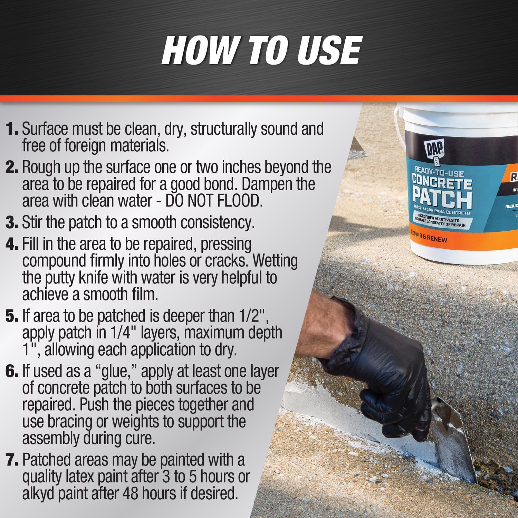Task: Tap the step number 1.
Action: pyautogui.click(x=13, y=129)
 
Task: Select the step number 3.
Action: pyautogui.click(x=13, y=223)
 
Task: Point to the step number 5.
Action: pyautogui.click(x=13, y=316)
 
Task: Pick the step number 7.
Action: pyautogui.click(x=13, y=460)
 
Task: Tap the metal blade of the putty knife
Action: pyautogui.click(x=452, y=452)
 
